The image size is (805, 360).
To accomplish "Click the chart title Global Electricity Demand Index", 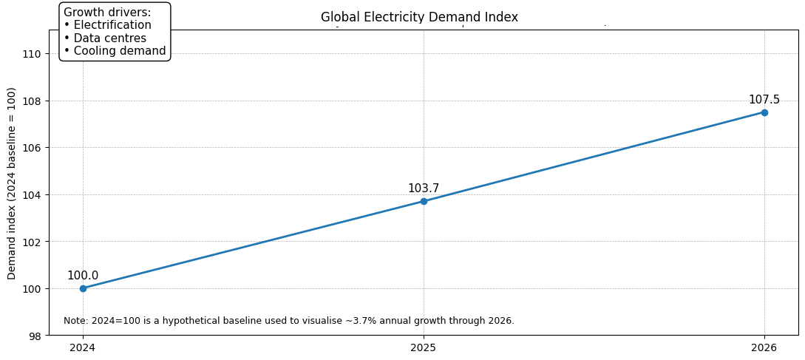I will pos(419,17).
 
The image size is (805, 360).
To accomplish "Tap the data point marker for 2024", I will pos(83,288).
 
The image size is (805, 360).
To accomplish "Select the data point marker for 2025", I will pos(424,201).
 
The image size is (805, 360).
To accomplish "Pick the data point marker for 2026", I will pos(764,112).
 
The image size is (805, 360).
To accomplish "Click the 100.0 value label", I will pos(83,276).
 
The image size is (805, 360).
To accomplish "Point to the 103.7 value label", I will pos(424,189).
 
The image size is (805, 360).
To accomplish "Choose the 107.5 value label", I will pos(764,100).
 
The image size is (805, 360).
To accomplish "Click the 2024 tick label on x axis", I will pos(83,347).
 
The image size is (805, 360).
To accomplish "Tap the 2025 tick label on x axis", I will pos(424,347).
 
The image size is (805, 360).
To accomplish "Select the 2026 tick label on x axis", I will pos(764,347).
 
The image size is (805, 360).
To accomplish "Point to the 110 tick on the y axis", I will pos(33,53).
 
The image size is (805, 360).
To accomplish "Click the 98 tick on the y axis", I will pos(35,336).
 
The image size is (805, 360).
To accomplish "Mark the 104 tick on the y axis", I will pos(33,194).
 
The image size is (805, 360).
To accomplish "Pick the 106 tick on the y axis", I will pos(33,148).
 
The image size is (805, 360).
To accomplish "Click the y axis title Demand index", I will pos(12,183).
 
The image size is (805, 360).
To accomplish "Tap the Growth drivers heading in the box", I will pos(107,13).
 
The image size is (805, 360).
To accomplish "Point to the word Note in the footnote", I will pos(75,321).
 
